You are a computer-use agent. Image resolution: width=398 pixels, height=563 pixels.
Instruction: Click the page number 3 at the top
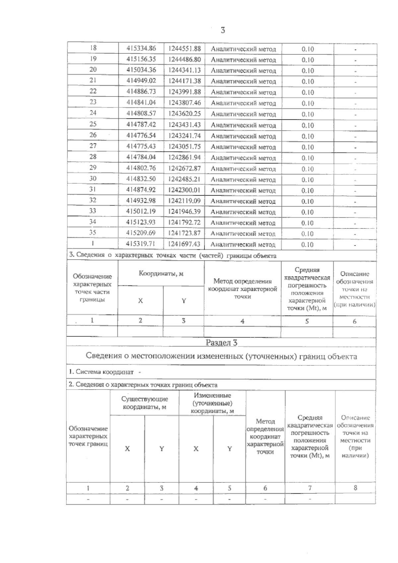coord(223,30)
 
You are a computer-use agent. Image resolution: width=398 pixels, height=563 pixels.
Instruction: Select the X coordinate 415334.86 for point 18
coord(141,48)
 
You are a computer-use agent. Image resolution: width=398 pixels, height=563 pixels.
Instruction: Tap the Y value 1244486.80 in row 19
coord(184,59)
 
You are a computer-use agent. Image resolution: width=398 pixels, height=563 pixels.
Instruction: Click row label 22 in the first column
coord(93,91)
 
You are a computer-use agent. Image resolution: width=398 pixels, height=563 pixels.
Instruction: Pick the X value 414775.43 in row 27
coord(141,146)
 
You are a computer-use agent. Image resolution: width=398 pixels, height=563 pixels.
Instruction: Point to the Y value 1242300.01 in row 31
coord(184,190)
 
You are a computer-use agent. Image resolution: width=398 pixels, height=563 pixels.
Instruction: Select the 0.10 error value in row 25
coord(307,125)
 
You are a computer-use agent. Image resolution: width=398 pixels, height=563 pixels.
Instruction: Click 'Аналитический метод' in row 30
coord(243,180)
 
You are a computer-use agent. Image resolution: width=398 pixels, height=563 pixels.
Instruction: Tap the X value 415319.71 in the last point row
coord(141,244)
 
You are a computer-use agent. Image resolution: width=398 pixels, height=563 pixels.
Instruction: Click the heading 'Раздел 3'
coord(221,343)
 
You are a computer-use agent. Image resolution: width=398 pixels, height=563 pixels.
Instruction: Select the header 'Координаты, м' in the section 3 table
coord(161,274)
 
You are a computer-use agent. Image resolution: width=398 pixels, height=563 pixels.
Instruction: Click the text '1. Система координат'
coord(101,372)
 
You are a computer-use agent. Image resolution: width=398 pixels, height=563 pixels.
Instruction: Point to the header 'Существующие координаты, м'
coord(145,403)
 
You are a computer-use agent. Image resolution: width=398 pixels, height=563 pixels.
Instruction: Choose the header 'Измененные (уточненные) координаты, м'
coord(213,403)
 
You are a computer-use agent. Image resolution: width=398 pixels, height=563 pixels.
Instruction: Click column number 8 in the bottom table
coord(355,488)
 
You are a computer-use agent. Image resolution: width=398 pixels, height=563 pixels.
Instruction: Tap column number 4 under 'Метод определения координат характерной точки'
coord(242,321)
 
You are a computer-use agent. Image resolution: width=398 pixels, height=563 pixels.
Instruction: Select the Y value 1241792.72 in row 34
coord(184,222)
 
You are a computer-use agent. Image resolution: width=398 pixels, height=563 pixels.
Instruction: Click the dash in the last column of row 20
coord(355,71)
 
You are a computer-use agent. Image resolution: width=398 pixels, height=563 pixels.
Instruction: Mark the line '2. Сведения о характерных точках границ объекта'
coord(143,385)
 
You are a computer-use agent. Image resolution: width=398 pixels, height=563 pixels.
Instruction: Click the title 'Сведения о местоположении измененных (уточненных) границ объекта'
coord(221,356)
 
